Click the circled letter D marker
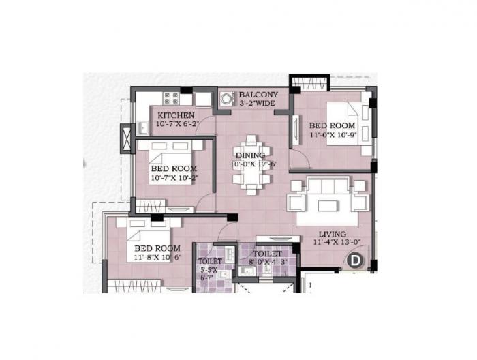pos(355,259)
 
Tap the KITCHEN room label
pos(174,115)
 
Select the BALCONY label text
pos(258,95)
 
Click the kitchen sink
pos(143,127)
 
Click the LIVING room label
pos(332,233)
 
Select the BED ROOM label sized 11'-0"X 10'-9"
pos(332,125)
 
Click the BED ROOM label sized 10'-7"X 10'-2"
pos(174,168)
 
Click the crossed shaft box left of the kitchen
pos(127,139)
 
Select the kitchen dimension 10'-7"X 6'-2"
pos(176,125)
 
